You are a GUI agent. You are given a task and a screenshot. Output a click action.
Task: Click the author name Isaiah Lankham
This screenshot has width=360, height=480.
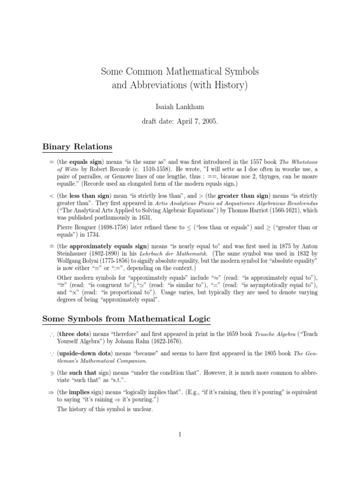pos(180,106)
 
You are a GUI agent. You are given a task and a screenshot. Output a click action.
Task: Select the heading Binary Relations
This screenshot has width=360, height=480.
pos(77,147)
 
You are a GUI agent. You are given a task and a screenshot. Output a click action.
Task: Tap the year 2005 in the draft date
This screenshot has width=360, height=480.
pos(209,120)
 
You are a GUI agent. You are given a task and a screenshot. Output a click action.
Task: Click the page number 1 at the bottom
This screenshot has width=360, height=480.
pos(180,435)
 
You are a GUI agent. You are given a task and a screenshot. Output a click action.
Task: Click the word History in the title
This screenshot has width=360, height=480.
pos(227,86)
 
